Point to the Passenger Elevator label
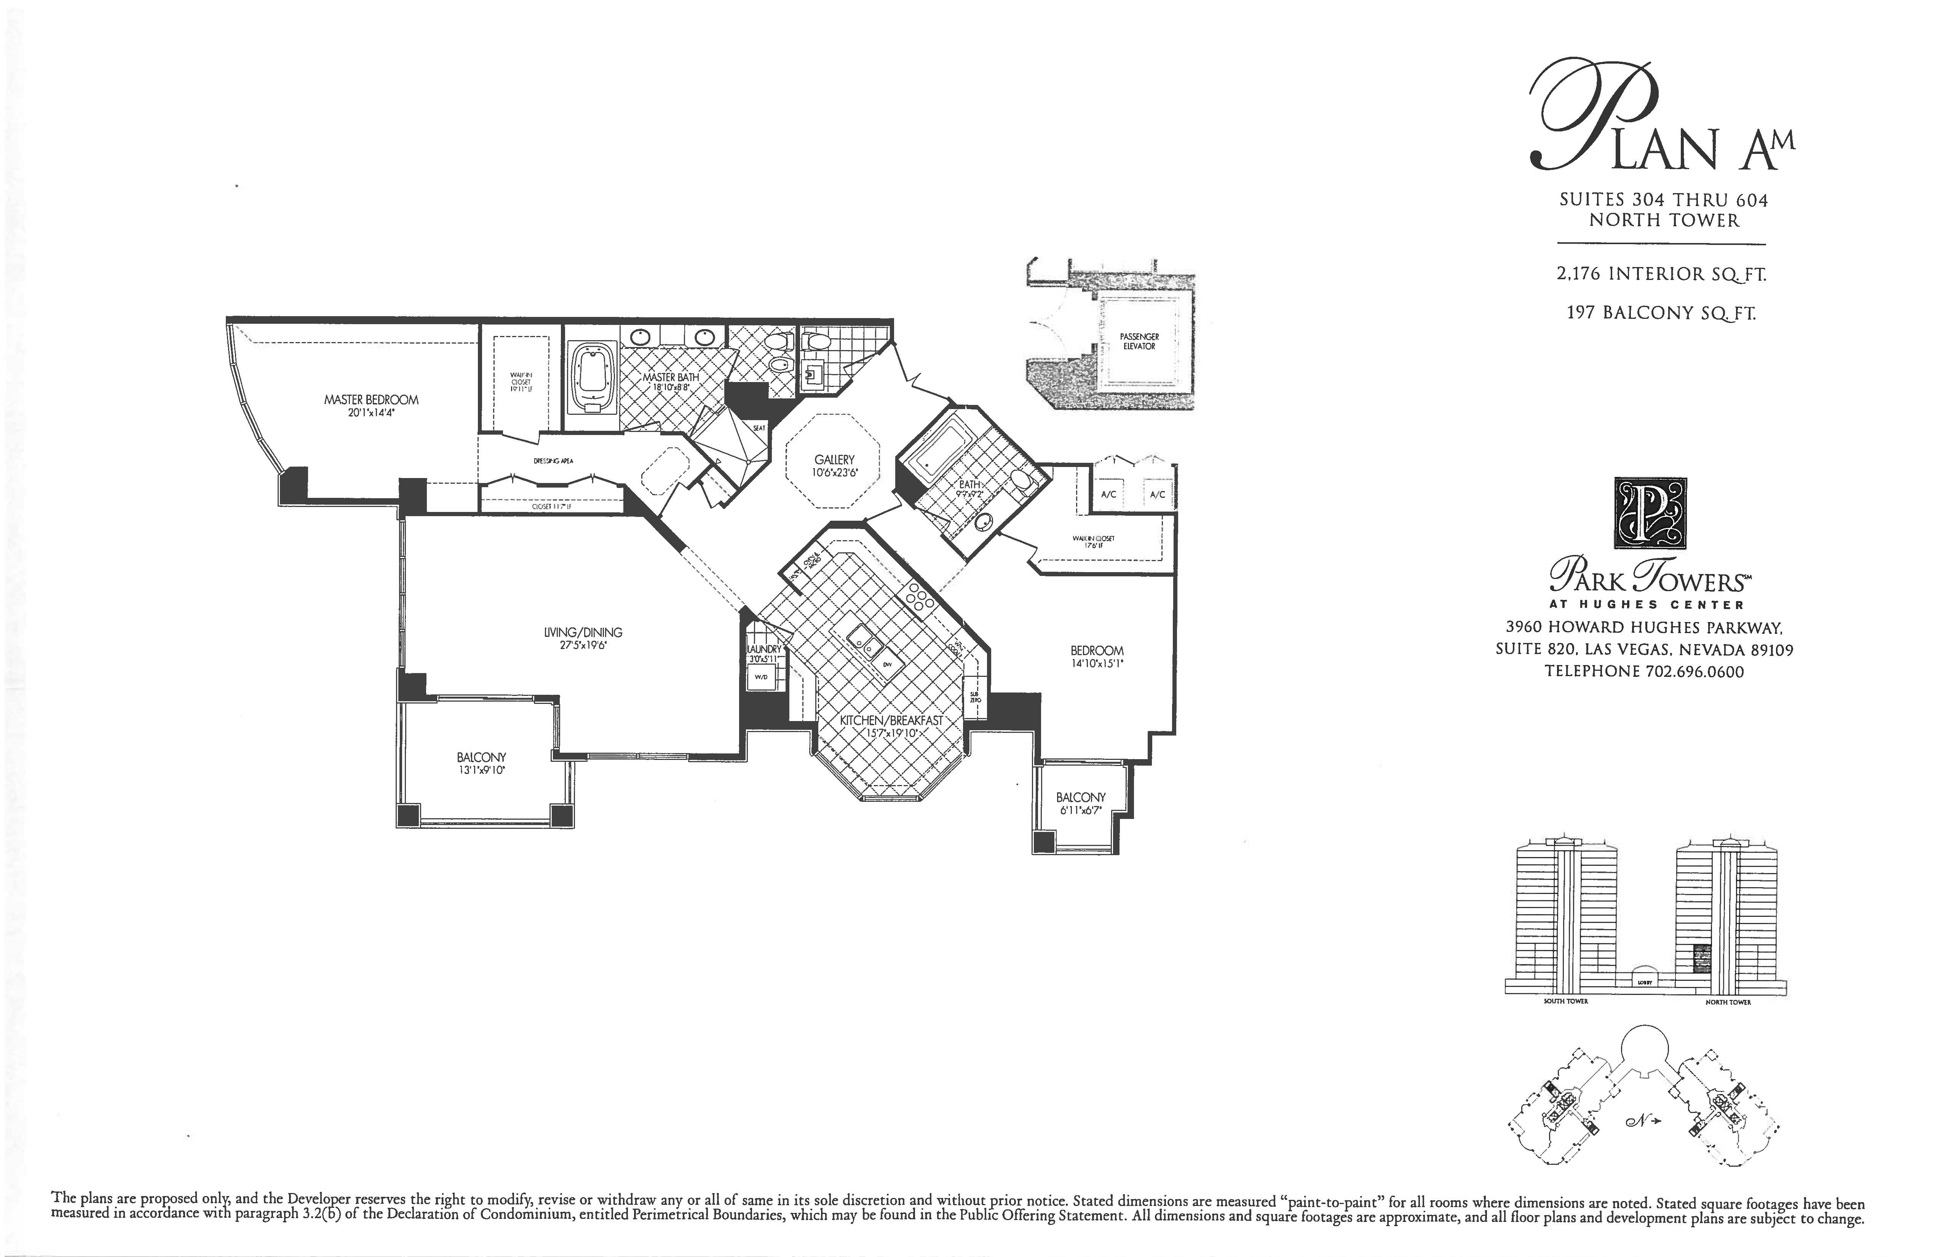click(x=1139, y=341)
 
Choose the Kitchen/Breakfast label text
click(x=891, y=721)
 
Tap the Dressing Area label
click(x=553, y=461)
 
